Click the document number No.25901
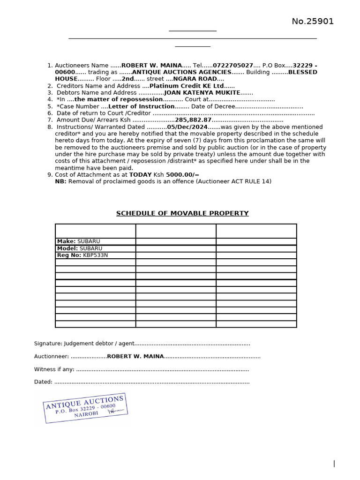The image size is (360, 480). tap(313, 22)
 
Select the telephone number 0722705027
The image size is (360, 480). tap(233, 66)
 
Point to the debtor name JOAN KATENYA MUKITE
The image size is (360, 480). tap(202, 93)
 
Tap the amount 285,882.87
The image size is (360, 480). tap(193, 120)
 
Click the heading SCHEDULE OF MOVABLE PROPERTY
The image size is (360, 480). tap(182, 214)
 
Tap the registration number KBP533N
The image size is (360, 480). tap(95, 255)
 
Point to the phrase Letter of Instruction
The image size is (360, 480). tap(141, 106)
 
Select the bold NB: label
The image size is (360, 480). tap(60, 181)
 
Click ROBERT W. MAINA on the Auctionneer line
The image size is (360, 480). tap(135, 357)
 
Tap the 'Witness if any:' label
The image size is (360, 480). tap(54, 369)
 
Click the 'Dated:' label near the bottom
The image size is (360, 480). tap(43, 382)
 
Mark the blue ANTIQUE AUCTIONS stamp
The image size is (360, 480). tap(85, 407)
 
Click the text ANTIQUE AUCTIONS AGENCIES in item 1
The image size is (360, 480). tap(181, 72)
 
